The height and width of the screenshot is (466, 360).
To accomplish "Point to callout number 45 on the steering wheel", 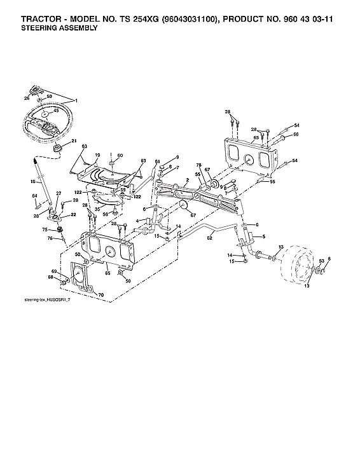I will click(55, 110).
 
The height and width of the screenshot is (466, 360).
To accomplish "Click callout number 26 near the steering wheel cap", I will click(27, 99).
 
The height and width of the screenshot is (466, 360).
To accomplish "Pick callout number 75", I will click(45, 230).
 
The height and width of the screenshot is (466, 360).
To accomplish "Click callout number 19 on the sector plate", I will click(97, 154).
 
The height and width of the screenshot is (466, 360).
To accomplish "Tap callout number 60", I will click(120, 155).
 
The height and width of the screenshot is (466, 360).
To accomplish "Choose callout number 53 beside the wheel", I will click(321, 261).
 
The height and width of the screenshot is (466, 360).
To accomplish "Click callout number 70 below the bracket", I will click(100, 296).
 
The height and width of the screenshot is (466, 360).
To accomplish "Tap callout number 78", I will click(198, 165).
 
